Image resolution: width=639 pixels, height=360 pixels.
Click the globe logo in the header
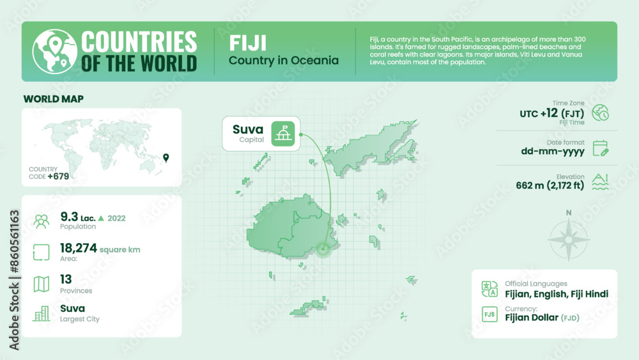tap(52, 52)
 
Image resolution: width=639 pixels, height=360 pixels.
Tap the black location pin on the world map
tap(166, 157)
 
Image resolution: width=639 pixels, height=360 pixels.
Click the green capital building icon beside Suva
tap(284, 134)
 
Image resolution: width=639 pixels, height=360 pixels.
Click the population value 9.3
tap(68, 217)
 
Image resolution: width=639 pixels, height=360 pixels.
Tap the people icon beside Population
tap(42, 221)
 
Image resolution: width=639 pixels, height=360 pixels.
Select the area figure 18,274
tap(78, 248)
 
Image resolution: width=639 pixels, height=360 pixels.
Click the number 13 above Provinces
tap(66, 279)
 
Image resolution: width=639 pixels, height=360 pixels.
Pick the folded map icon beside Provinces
tap(42, 284)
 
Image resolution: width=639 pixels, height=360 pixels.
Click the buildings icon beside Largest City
tap(42, 313)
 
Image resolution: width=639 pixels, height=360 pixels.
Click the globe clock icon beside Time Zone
tap(600, 113)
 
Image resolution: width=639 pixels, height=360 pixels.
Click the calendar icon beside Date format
tap(600, 149)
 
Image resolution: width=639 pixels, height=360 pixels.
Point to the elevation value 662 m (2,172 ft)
tap(550, 186)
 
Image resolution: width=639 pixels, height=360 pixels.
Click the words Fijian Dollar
tap(532, 317)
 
